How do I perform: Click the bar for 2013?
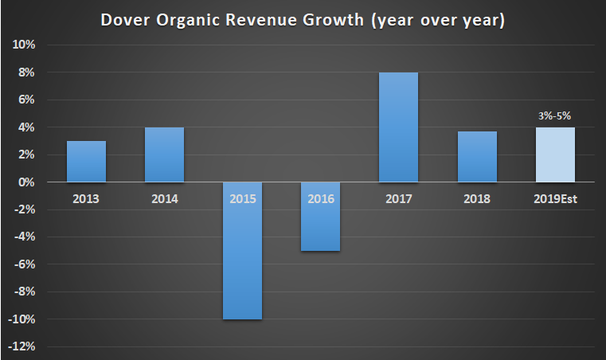[x=86, y=162]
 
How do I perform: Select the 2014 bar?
[x=164, y=155]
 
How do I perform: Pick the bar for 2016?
[x=320, y=227]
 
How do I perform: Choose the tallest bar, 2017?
[x=398, y=127]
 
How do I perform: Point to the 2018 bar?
[x=476, y=157]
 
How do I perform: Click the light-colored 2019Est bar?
[x=554, y=155]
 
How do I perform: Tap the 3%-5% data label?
[x=554, y=115]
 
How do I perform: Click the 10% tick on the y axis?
[x=23, y=45]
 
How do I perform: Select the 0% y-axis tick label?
[x=26, y=182]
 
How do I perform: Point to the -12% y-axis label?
[x=22, y=346]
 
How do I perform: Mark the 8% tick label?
[x=26, y=72]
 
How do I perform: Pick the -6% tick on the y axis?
[x=24, y=264]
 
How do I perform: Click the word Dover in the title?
[x=125, y=19]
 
